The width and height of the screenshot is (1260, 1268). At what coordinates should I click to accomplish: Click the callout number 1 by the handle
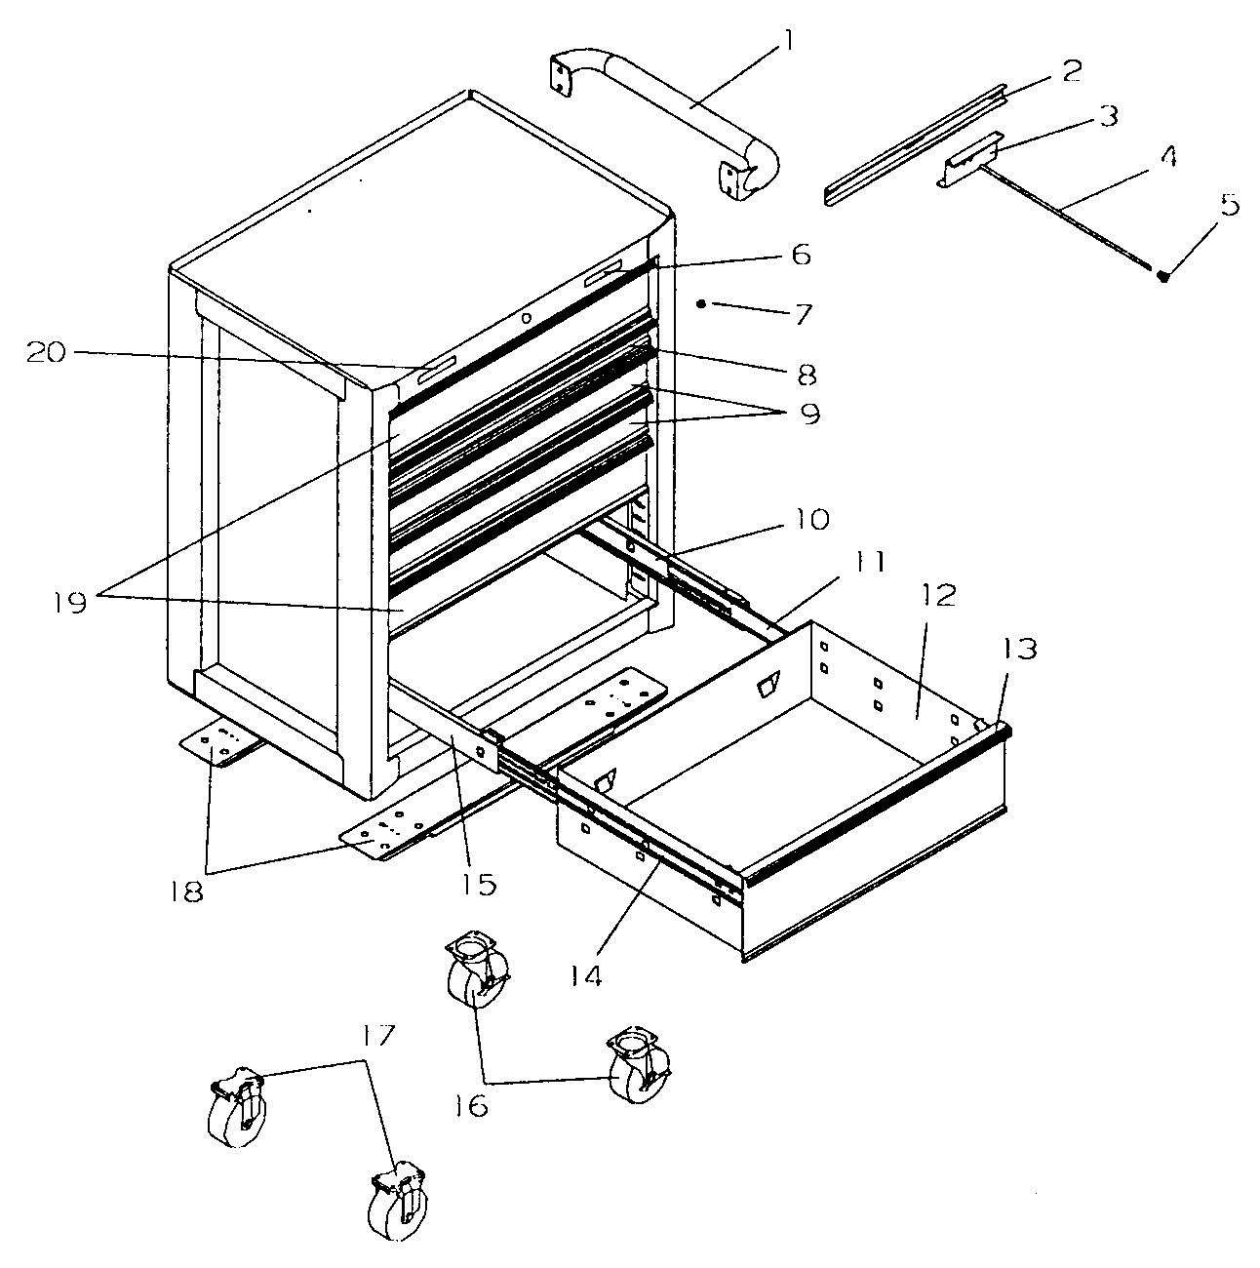tap(787, 42)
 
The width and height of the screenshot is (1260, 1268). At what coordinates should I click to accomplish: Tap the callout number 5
tap(1229, 205)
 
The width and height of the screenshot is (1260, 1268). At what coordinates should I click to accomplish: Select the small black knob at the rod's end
tap(1163, 277)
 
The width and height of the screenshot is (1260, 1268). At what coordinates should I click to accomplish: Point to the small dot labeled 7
tap(701, 304)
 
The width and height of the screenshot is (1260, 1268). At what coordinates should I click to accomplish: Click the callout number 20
tap(47, 353)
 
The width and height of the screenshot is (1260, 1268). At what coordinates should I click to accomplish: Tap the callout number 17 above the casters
tap(377, 1037)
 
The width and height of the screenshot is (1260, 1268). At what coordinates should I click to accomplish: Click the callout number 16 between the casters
tap(471, 1105)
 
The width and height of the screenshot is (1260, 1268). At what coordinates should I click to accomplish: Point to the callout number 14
tap(585, 974)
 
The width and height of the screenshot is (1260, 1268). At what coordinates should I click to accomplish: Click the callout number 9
tap(809, 414)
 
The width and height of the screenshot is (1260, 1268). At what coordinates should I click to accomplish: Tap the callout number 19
tap(70, 602)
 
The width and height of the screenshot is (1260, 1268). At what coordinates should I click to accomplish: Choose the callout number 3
tap(1109, 116)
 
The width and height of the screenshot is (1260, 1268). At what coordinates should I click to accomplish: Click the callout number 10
tap(810, 520)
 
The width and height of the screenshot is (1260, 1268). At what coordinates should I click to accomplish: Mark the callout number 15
tap(478, 885)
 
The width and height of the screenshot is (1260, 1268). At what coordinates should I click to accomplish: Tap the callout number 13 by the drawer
tap(1019, 649)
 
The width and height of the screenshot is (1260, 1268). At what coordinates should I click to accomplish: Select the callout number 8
tap(807, 375)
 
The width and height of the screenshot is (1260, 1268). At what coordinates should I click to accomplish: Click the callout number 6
tap(801, 254)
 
